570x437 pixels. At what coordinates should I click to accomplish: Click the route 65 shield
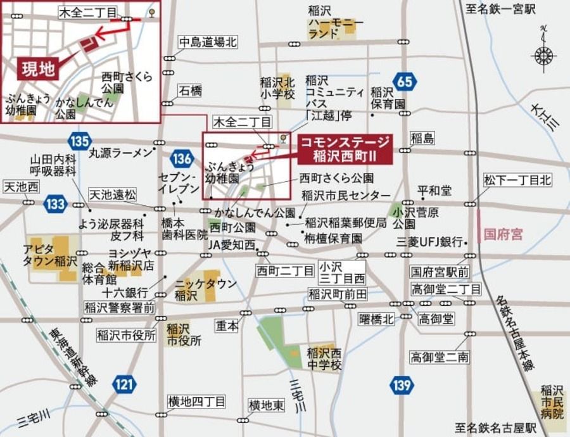[x=405, y=80]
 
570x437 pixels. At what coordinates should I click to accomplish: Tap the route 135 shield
[x=80, y=140]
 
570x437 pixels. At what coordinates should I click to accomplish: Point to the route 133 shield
[x=56, y=204]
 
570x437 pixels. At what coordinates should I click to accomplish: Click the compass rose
[x=544, y=55]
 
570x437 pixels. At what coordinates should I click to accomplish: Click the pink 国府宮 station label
[x=503, y=233]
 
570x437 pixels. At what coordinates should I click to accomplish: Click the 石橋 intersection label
[x=190, y=91]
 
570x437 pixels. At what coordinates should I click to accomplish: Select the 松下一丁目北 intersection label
[x=517, y=180]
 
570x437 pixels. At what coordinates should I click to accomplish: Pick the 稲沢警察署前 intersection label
[x=119, y=307]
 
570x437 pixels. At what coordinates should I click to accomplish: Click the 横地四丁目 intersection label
[x=196, y=402]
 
